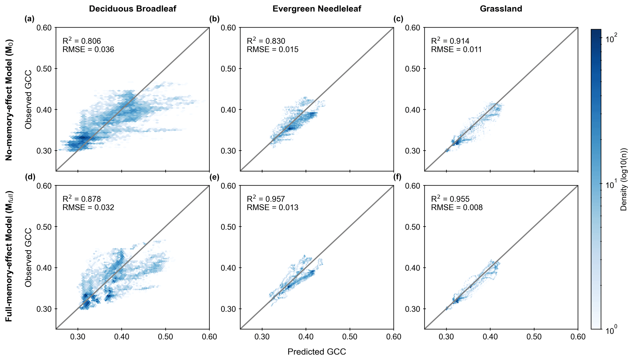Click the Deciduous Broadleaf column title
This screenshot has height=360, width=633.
tap(132, 9)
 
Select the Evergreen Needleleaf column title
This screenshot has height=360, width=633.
tap(317, 9)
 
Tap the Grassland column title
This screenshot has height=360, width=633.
tap(501, 9)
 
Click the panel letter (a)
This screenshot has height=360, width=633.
tap(29, 19)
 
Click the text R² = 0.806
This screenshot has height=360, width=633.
tap(81, 41)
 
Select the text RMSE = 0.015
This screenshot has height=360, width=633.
tap(273, 49)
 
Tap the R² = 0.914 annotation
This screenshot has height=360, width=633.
tap(450, 41)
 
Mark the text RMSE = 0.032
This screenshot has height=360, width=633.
tap(88, 208)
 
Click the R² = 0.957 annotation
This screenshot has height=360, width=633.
tap(266, 199)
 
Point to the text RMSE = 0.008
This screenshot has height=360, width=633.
tap(457, 208)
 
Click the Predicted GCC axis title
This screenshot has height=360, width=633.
tap(317, 352)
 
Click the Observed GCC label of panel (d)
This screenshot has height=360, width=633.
tap(28, 257)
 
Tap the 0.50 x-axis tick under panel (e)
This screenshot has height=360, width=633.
tap(349, 337)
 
